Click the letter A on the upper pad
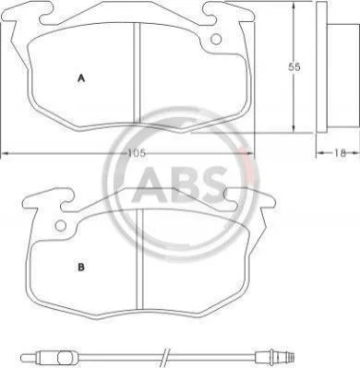pyautogui.click(x=81, y=78)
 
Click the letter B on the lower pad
pyautogui.click(x=81, y=267)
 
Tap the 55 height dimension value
pyautogui.click(x=294, y=67)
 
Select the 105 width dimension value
pyautogui.click(x=137, y=153)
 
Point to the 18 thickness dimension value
pyautogui.click(x=340, y=153)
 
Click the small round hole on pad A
pyautogui.click(x=216, y=39)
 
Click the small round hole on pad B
pyautogui.click(x=61, y=226)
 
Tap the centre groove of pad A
pyautogui.click(x=137, y=73)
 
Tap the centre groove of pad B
pyautogui.click(x=140, y=259)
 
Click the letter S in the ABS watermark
pyautogui.click(x=210, y=184)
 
